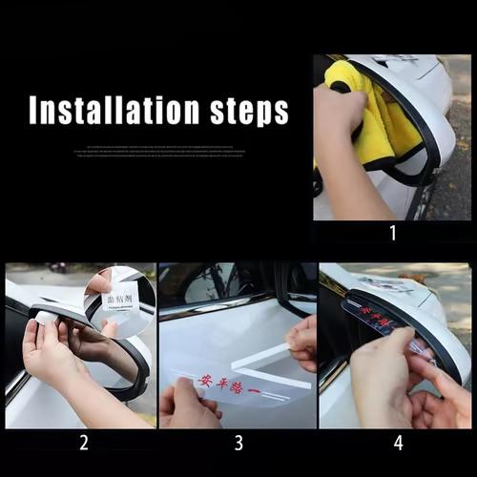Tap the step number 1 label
coord(391,232)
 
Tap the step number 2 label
coord(84,442)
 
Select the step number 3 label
coord(238,442)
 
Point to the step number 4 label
coord(397,442)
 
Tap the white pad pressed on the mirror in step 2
coord(46,318)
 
